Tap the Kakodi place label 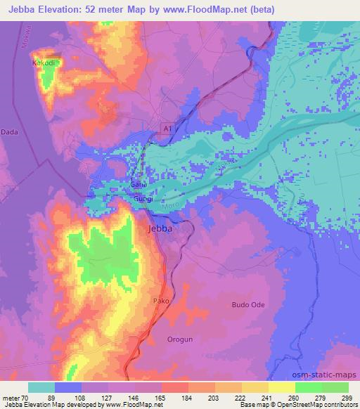coord(44,63)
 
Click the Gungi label coord(143,200)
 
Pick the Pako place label coord(161,300)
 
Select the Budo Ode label coord(249,304)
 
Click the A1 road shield coord(167,129)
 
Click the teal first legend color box coord(41,387)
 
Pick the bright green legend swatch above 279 coord(309,387)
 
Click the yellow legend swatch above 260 coord(282,387)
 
